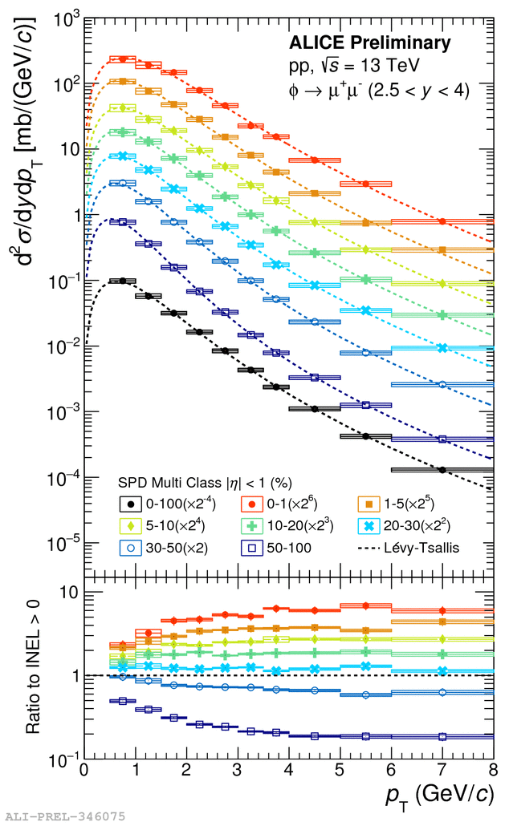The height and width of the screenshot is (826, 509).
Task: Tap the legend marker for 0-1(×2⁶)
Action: tap(253, 504)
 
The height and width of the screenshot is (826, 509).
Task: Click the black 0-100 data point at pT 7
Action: tap(442, 469)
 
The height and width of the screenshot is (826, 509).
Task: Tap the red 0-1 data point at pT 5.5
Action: tap(365, 184)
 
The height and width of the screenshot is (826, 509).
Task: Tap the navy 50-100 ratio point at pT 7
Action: tap(442, 736)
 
